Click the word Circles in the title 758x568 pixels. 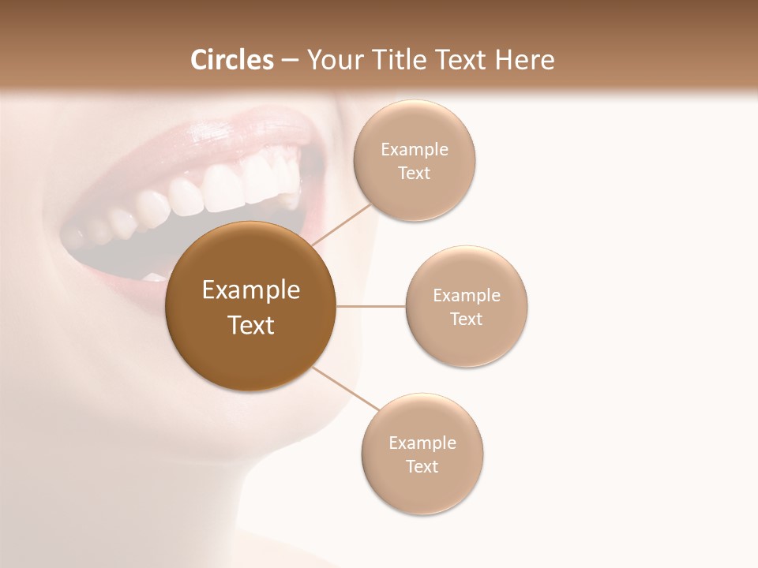point(231,60)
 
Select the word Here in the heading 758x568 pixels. point(525,60)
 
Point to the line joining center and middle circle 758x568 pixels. point(371,306)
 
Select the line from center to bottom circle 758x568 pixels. point(345,390)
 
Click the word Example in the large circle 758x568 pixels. point(250,290)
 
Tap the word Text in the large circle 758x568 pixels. point(250,325)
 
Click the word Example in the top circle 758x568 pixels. point(415,150)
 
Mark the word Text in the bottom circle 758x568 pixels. point(422,466)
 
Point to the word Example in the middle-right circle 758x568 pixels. point(467,296)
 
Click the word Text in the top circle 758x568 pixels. point(415,174)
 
